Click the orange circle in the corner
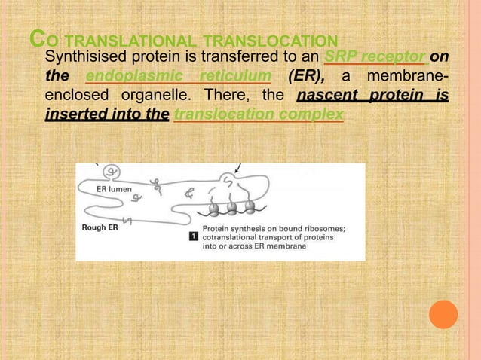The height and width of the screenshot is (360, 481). click(x=443, y=314)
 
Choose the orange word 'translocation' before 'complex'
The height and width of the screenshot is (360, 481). click(x=222, y=115)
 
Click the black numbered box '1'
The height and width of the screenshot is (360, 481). click(x=191, y=236)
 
